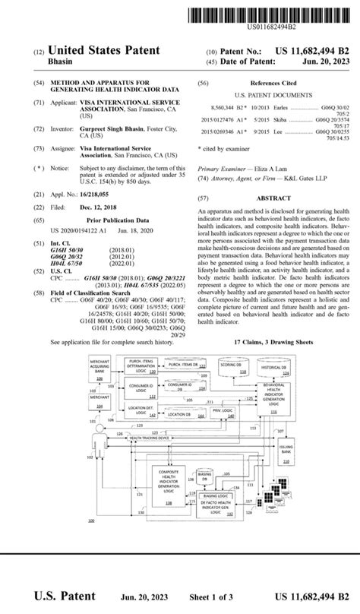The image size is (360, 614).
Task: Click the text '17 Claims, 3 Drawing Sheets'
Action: tap(273, 343)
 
